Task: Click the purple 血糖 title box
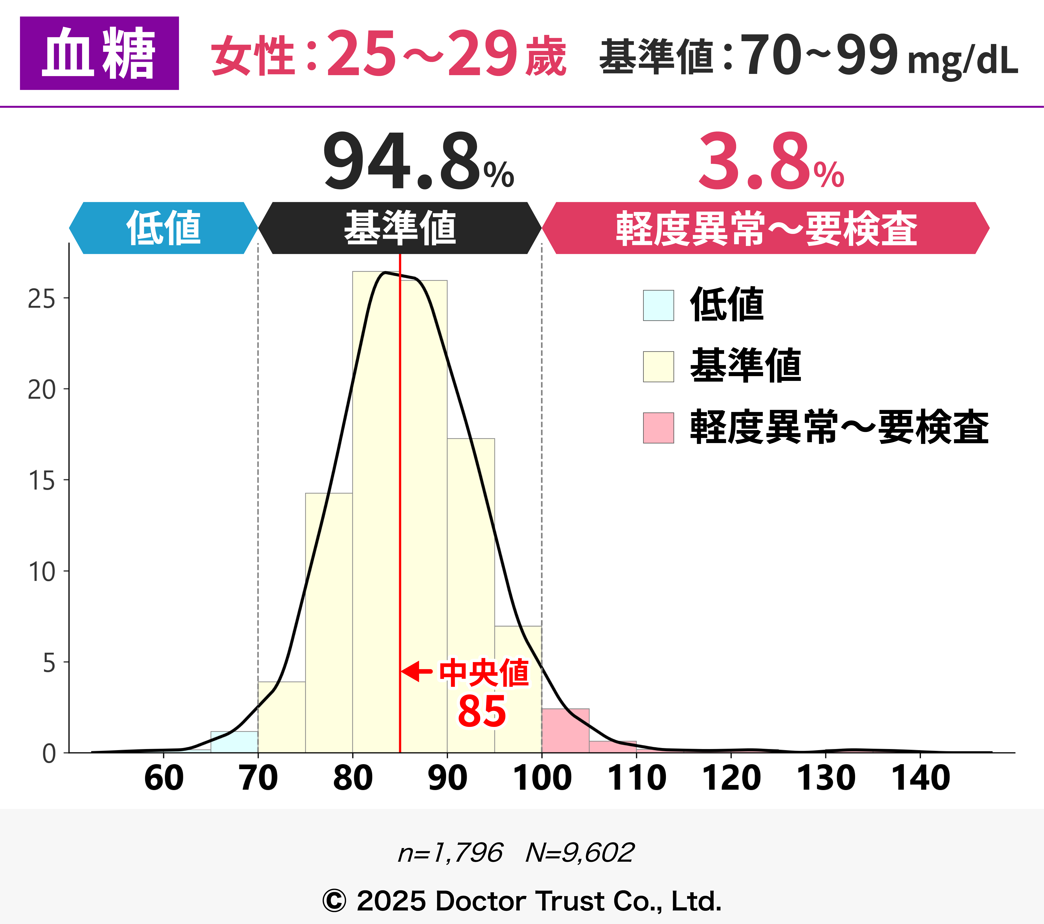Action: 99,53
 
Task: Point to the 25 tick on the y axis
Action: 42,299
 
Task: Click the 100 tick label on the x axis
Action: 542,779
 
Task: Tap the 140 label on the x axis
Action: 920,779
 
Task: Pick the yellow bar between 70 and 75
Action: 281,717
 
